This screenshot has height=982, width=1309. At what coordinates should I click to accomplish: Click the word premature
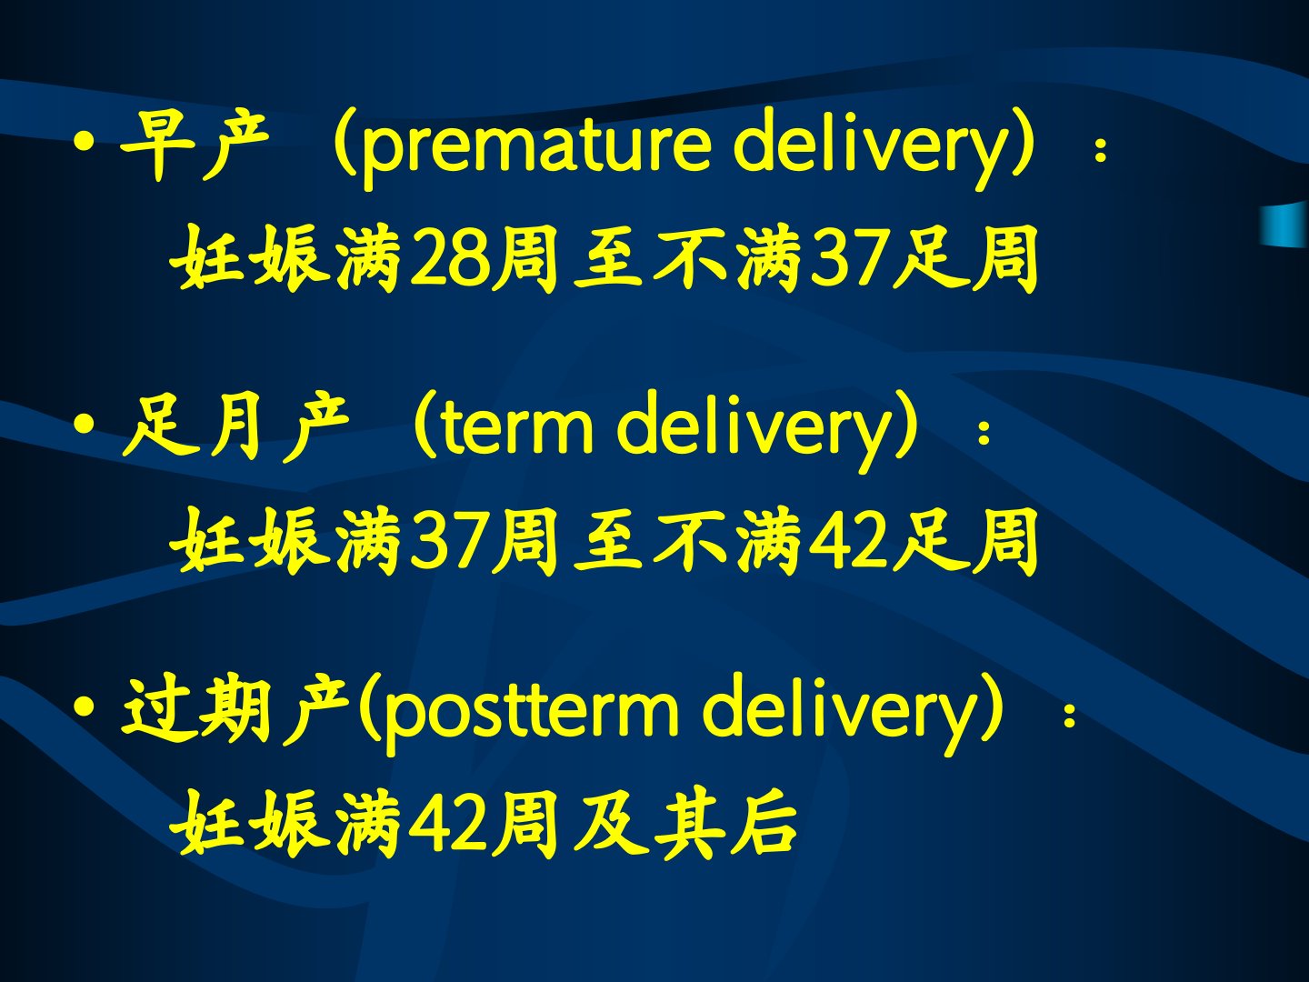536,148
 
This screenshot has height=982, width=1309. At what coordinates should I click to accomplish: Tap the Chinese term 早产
194,145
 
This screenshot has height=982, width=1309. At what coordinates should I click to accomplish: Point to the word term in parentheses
518,428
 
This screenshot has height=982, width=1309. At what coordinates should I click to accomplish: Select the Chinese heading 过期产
235,709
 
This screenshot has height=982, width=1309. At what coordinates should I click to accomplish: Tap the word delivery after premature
872,147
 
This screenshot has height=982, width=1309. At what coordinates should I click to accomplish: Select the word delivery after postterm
842,713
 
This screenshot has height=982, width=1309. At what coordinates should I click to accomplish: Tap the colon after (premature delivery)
1101,150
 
